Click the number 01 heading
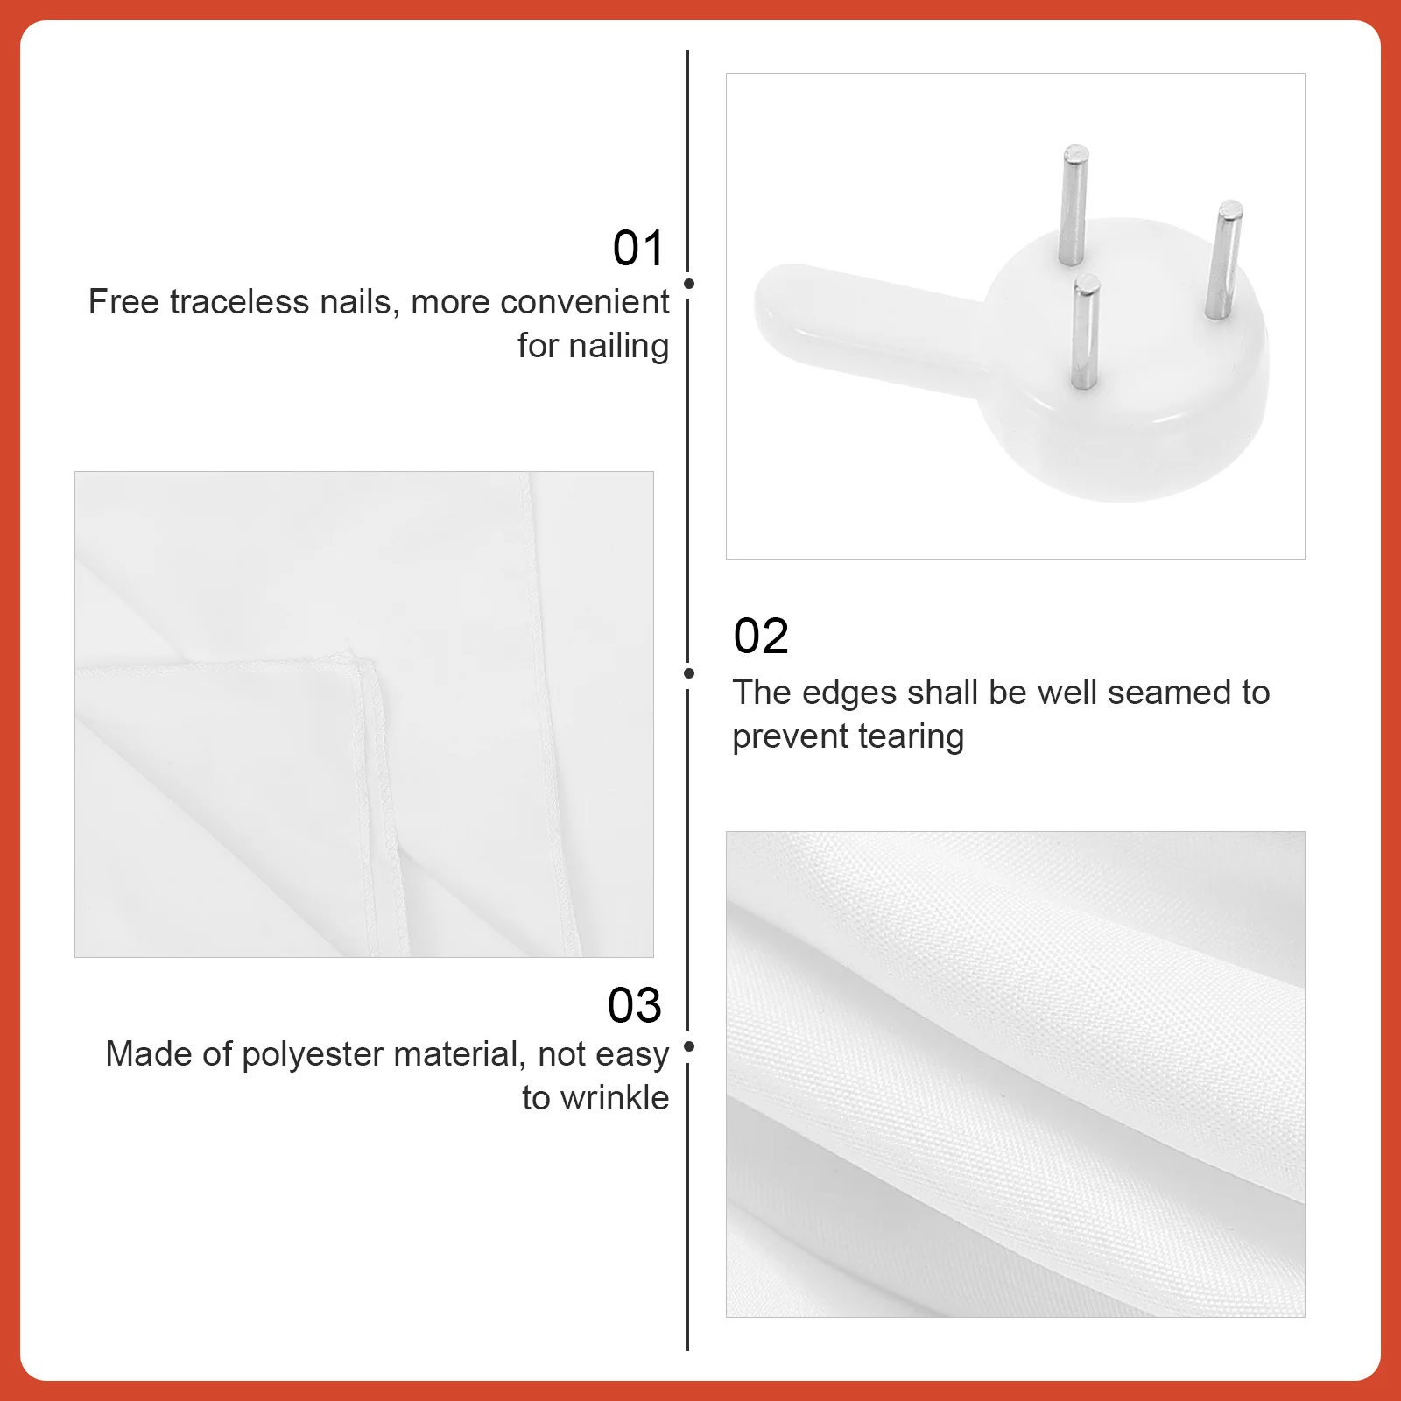638,249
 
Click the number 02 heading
761,637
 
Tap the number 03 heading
635,1005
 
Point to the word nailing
617,346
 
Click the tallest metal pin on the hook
1073,205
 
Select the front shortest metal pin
1084,331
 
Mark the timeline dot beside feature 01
689,284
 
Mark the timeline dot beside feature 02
689,673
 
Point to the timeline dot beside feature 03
689,1046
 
